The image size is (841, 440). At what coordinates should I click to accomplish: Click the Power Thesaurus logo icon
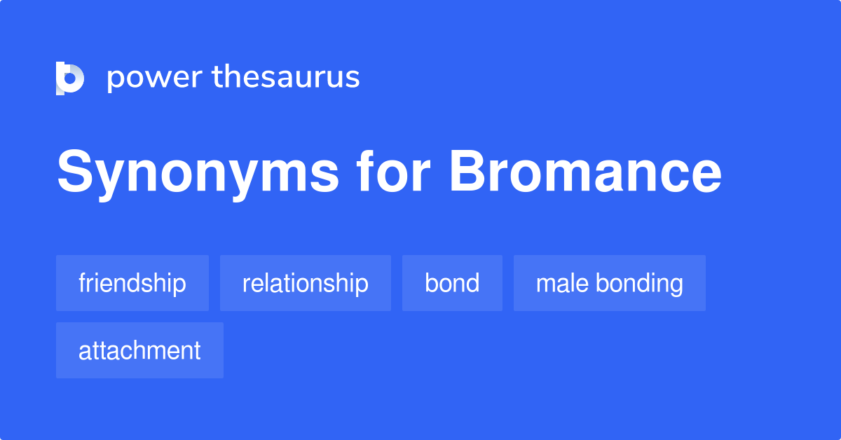click(x=70, y=78)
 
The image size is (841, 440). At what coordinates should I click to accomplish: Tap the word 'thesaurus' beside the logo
click(x=286, y=77)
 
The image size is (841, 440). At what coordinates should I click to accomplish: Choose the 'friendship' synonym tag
click(x=132, y=283)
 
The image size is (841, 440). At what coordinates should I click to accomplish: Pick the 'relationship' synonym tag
click(x=306, y=283)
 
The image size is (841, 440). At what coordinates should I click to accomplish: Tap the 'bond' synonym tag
click(x=452, y=283)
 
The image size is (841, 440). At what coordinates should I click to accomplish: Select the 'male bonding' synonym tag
click(x=610, y=283)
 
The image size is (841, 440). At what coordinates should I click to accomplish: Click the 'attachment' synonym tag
click(x=139, y=350)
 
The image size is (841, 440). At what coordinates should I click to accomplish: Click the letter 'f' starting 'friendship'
click(x=81, y=282)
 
